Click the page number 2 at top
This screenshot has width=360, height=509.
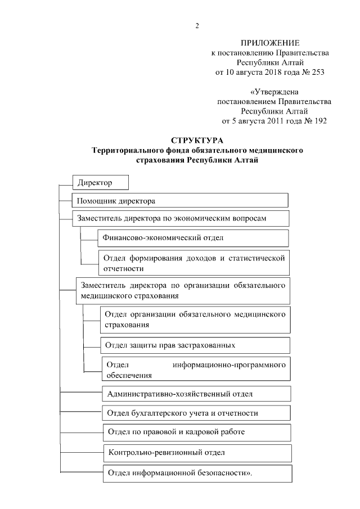pyautogui.click(x=197, y=25)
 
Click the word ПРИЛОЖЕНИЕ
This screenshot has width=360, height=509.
pyautogui.click(x=270, y=43)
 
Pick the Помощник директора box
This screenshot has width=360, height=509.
pyautogui.click(x=180, y=200)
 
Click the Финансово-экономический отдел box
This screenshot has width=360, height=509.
pyautogui.click(x=193, y=238)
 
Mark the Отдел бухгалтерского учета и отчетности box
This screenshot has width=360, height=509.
pyautogui.click(x=196, y=413)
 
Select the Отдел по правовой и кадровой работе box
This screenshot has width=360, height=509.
pyautogui.click(x=196, y=433)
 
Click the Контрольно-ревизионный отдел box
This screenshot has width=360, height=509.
pyautogui.click(x=197, y=452)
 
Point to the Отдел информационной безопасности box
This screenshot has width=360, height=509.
pyautogui.click(x=197, y=473)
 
